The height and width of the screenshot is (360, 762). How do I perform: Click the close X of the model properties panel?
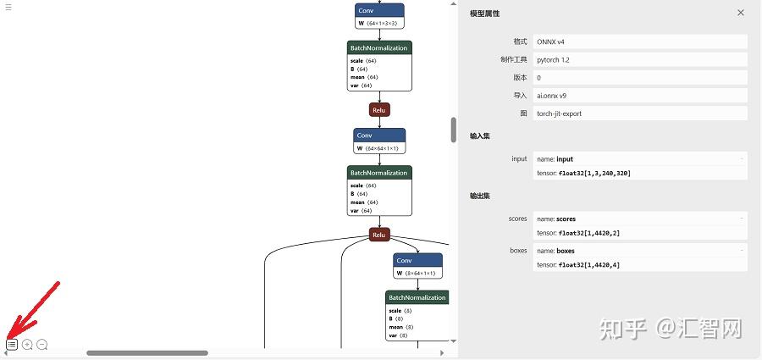tap(741, 13)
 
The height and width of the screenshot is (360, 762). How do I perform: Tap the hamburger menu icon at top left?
tap(8, 6)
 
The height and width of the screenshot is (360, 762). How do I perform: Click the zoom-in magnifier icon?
tap(27, 345)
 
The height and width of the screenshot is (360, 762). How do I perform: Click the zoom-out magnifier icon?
tap(41, 345)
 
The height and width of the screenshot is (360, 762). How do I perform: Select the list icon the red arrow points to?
tap(12, 345)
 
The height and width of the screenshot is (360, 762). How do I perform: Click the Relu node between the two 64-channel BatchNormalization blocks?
tap(379, 110)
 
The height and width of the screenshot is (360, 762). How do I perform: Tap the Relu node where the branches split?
tap(379, 235)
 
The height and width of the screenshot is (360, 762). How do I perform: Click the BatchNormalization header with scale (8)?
tap(417, 297)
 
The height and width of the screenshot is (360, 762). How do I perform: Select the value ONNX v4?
tap(552, 42)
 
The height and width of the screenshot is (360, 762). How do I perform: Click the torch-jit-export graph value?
tap(559, 114)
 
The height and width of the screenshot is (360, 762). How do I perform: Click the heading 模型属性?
tap(484, 14)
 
